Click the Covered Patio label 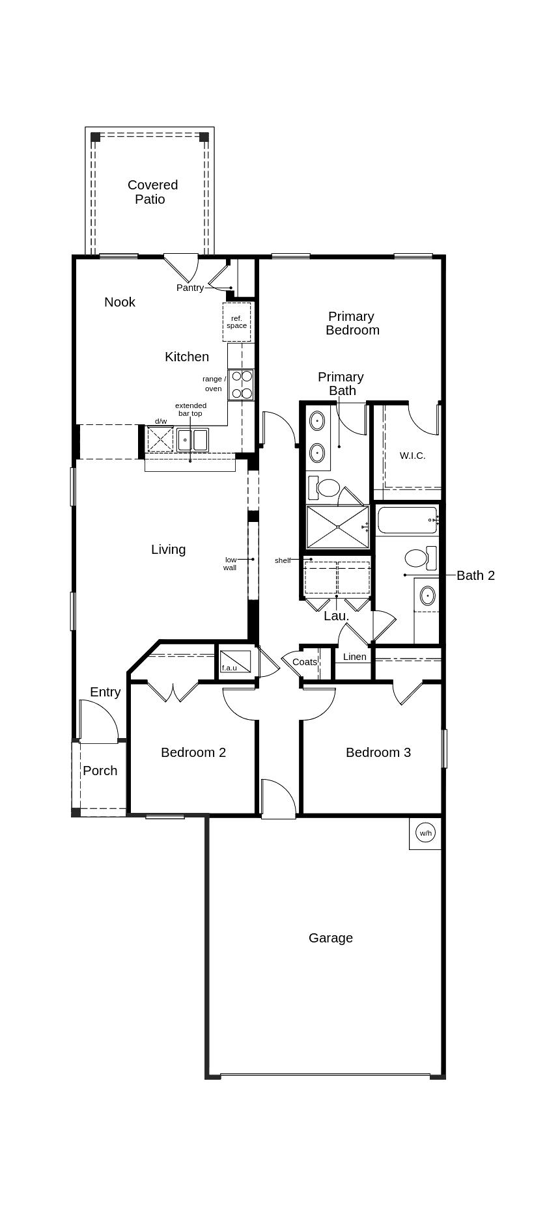152,192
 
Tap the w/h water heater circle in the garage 425,833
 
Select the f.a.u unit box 235,661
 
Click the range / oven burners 242,385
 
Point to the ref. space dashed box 237,322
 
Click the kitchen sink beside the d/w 192,440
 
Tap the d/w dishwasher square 160,439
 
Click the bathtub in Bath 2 407,521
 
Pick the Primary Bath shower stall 337,527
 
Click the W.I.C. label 412,456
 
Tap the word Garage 331,938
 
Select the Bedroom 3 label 378,752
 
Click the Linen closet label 354,657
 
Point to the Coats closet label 304,662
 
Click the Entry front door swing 98,721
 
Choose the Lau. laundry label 336,616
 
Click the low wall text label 231,564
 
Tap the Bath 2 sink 427,596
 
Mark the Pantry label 189,288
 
